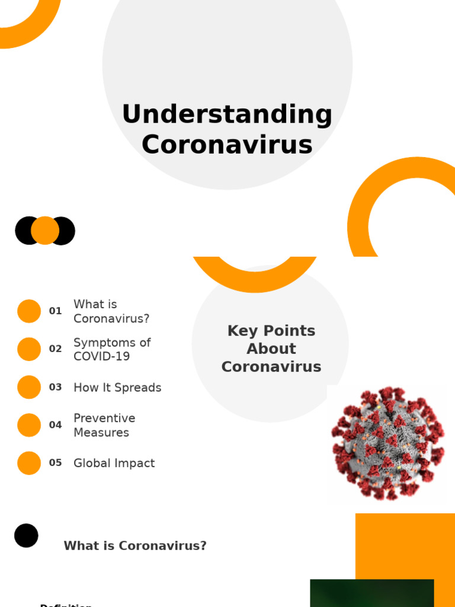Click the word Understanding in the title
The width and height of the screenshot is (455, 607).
(227, 114)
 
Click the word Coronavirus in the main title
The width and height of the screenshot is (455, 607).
(227, 144)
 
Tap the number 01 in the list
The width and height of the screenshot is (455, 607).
(55, 311)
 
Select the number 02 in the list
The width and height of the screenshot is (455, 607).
(55, 349)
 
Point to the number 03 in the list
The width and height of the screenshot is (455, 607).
(55, 387)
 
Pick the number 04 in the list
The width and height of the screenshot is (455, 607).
(55, 425)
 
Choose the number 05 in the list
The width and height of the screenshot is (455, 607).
(55, 463)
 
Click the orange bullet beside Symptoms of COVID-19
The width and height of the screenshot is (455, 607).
(29, 349)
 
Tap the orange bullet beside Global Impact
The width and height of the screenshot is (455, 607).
(29, 463)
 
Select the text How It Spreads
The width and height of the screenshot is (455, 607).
(117, 388)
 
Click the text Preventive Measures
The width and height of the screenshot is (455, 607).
(104, 425)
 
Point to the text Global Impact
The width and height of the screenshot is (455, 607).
(114, 464)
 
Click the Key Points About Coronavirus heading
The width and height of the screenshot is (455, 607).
(271, 349)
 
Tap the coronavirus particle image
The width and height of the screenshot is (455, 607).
(387, 443)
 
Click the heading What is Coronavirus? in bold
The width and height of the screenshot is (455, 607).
(135, 546)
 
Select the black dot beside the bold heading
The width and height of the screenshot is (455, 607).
(26, 535)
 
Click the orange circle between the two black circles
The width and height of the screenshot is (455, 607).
(45, 231)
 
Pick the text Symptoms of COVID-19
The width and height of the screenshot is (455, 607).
(112, 349)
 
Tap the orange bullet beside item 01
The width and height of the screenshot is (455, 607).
(29, 311)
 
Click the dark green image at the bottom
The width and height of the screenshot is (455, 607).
(371, 593)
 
